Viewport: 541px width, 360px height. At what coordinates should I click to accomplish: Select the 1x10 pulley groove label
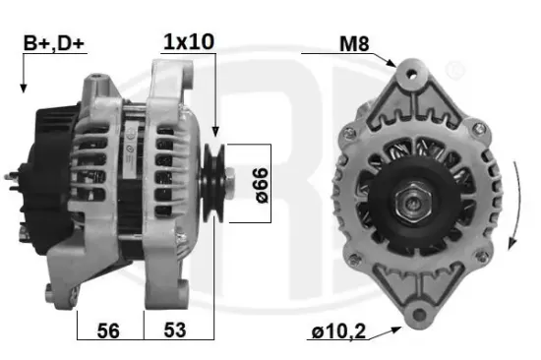(188, 42)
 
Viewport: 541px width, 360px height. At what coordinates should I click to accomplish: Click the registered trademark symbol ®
(455, 71)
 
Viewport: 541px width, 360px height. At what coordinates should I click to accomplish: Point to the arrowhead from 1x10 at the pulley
(214, 132)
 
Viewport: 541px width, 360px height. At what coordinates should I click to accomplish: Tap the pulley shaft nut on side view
(228, 182)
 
